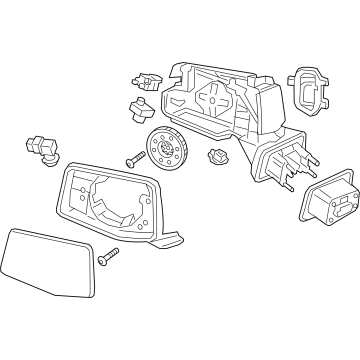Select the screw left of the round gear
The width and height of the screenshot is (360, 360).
click(x=133, y=157)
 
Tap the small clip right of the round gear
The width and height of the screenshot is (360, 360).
click(x=216, y=153)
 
